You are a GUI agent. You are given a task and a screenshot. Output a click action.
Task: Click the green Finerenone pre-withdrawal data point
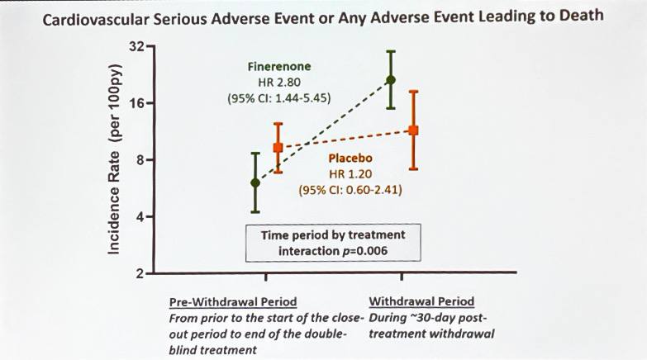255,182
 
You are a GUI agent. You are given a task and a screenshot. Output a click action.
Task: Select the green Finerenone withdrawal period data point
390,80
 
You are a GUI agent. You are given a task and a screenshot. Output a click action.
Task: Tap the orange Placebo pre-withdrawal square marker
278,147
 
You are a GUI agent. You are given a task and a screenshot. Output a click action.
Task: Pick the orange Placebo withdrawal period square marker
413,130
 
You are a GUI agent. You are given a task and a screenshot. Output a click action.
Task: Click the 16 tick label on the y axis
137,103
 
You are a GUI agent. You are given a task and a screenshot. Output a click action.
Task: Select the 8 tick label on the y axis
140,159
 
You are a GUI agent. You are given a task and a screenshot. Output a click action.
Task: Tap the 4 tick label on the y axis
140,216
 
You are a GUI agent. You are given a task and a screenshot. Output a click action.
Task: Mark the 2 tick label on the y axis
140,273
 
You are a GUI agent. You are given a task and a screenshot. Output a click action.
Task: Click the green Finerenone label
279,66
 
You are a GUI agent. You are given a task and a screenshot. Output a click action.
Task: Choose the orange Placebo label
350,158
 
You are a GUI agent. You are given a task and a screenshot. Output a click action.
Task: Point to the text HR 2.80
279,82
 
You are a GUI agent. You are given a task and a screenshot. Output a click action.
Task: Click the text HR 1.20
350,174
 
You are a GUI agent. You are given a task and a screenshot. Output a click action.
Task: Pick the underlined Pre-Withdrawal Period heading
233,302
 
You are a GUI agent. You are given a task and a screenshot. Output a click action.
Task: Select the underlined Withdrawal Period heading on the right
421,301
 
